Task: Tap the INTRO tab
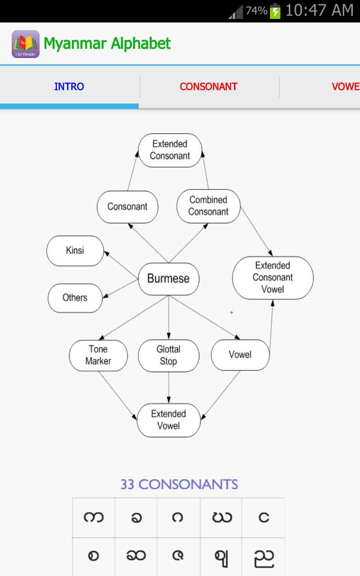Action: pyautogui.click(x=69, y=87)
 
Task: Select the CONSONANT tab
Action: pyautogui.click(x=208, y=87)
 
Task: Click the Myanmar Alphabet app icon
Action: pyautogui.click(x=26, y=44)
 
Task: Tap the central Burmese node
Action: pyautogui.click(x=169, y=279)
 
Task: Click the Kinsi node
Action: pyautogui.click(x=75, y=251)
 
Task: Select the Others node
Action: pyautogui.click(x=75, y=298)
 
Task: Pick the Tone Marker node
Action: pyautogui.click(x=98, y=355)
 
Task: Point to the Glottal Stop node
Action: pyautogui.click(x=169, y=355)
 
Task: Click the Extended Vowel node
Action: pyautogui.click(x=169, y=420)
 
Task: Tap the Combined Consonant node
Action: pyautogui.click(x=208, y=206)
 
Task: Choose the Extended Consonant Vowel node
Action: pyautogui.click(x=273, y=278)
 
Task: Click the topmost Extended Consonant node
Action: pyautogui.click(x=170, y=150)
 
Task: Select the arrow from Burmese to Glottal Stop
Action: pyautogui.click(x=169, y=317)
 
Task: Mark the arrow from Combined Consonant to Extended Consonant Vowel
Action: pyautogui.click(x=256, y=231)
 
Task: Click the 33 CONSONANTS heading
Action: pyautogui.click(x=179, y=485)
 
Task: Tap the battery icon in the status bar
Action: pyautogui.click(x=275, y=11)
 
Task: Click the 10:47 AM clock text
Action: pyautogui.click(x=319, y=10)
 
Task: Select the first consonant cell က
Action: pyautogui.click(x=94, y=517)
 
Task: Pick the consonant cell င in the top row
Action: pyautogui.click(x=264, y=517)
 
